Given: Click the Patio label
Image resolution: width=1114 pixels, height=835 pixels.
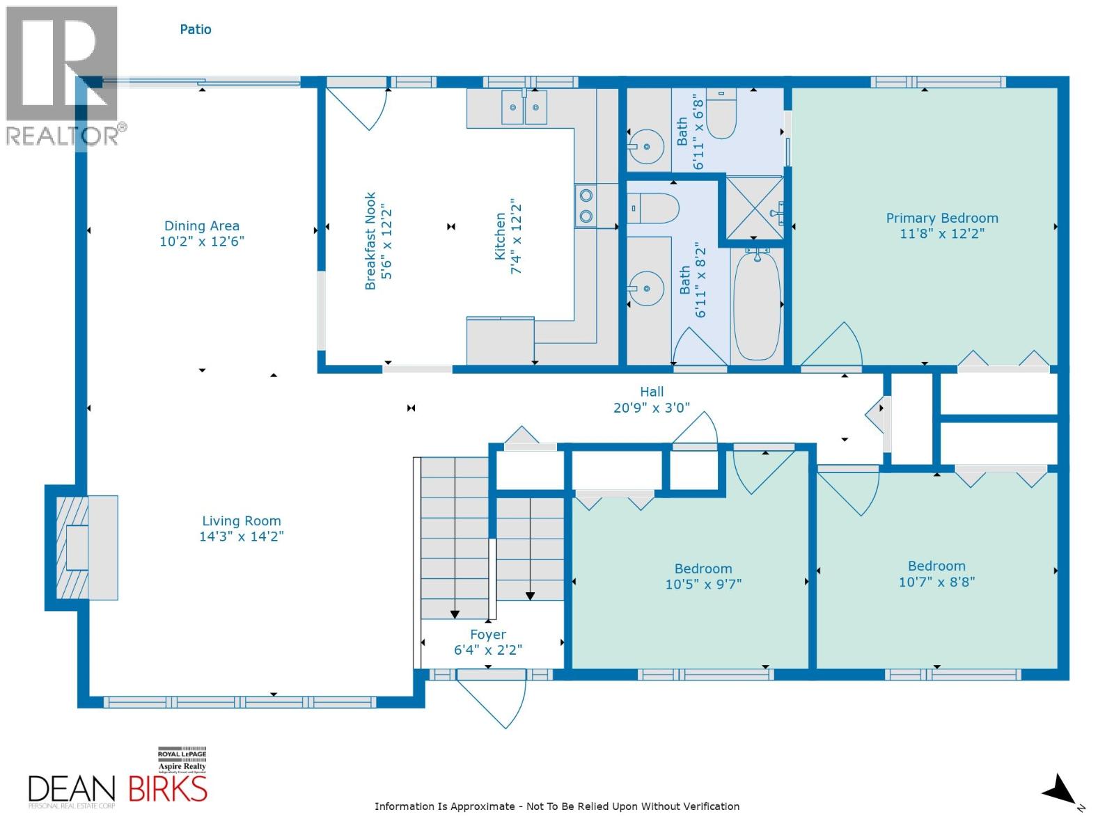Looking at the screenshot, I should [x=196, y=29].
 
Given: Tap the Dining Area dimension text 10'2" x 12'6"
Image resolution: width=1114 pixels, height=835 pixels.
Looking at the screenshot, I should [x=202, y=241].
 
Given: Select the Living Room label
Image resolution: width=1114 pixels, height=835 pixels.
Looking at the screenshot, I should [x=242, y=520].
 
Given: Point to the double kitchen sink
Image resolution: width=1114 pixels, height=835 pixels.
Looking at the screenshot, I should [x=524, y=107].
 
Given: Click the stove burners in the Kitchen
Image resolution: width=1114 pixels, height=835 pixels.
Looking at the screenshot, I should [x=586, y=206].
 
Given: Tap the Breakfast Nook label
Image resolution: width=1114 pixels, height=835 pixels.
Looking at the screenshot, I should [x=370, y=241].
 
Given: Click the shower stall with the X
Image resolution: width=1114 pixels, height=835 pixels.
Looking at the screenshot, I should [x=753, y=207].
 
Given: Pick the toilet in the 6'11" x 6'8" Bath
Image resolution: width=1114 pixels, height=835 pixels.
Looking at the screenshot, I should [x=721, y=116].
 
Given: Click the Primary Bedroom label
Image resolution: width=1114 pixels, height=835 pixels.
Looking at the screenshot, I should [x=941, y=218].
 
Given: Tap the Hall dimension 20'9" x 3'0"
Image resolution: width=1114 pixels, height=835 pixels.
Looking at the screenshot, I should [x=651, y=408].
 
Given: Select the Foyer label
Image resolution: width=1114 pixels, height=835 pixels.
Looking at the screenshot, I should [x=487, y=635].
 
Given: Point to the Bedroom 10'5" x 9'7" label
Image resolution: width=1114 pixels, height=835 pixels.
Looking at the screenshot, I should [x=703, y=568].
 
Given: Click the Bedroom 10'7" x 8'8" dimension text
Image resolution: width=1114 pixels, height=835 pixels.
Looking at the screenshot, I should [x=936, y=582].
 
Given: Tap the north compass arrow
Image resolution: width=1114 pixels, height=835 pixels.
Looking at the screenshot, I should [x=1060, y=791].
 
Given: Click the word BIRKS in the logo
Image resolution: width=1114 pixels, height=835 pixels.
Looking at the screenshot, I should [x=168, y=790].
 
